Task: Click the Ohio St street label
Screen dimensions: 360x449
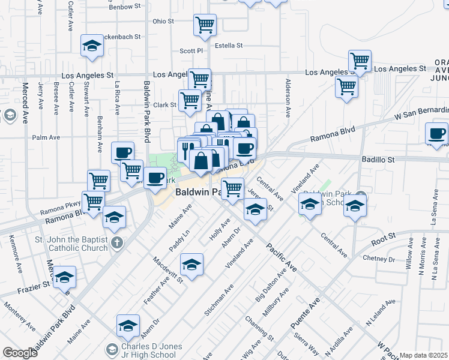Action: pyautogui.click(x=163, y=21)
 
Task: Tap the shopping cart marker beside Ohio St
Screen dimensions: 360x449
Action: pyautogui.click(x=205, y=25)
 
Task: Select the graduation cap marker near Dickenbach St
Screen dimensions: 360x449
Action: pyautogui.click(x=92, y=46)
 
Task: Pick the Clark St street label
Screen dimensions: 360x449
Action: pyautogui.click(x=164, y=105)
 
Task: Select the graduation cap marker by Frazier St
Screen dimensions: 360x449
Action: pyautogui.click(x=65, y=277)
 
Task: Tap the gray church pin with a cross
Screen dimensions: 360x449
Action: pyautogui.click(x=118, y=243)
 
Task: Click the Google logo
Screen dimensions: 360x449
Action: pyautogui.click(x=20, y=353)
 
